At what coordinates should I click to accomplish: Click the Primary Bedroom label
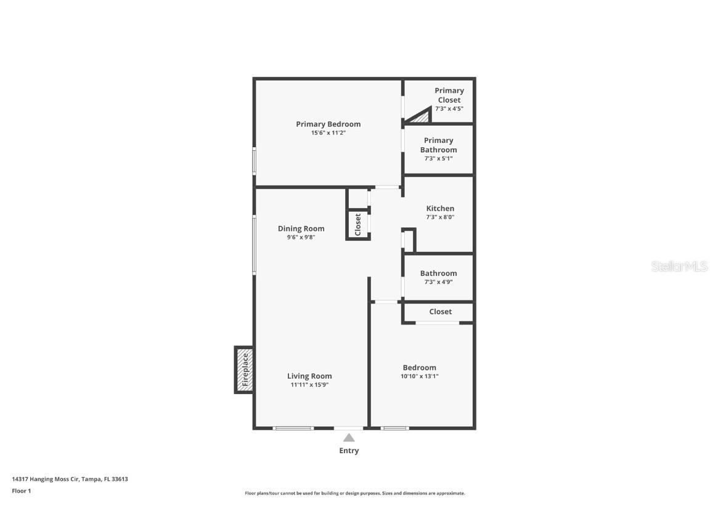click(328, 124)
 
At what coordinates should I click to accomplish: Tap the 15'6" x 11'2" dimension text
click(328, 133)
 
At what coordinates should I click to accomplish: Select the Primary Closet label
click(449, 95)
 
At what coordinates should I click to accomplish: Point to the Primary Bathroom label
click(438, 145)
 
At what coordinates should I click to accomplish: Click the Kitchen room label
click(440, 209)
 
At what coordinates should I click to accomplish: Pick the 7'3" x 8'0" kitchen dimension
click(440, 217)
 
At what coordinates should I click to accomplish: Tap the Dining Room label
click(301, 229)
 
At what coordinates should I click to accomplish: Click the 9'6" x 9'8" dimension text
click(301, 237)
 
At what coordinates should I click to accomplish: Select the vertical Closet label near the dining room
click(358, 224)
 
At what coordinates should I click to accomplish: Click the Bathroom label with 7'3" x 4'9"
click(438, 273)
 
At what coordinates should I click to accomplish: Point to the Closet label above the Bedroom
click(440, 312)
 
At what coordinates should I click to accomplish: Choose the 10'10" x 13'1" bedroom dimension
click(420, 376)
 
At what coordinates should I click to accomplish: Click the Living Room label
click(309, 376)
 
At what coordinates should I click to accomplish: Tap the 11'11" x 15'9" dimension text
click(309, 385)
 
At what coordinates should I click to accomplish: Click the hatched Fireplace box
click(244, 369)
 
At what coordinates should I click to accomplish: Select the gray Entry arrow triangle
click(349, 438)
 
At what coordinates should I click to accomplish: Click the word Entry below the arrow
click(349, 451)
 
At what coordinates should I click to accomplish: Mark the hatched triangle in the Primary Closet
click(421, 116)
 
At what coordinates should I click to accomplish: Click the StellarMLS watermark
click(679, 267)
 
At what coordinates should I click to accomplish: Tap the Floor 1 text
click(21, 491)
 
